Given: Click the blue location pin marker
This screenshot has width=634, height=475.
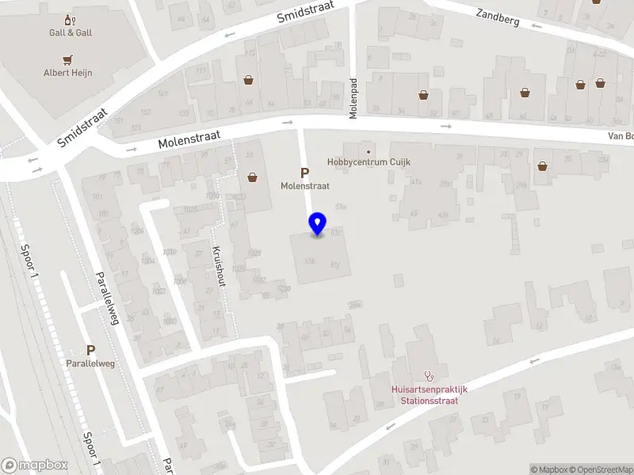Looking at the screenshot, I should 318,223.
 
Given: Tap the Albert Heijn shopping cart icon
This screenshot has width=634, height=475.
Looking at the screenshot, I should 67,59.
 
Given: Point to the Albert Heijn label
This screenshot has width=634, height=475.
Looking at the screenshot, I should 67,73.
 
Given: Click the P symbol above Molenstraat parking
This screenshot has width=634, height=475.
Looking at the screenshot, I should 304,173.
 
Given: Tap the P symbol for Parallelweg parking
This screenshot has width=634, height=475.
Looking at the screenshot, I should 90,351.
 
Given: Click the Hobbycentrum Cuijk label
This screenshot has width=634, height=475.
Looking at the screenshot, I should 367,162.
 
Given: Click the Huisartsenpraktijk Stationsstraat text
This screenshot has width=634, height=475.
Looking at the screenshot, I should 430,394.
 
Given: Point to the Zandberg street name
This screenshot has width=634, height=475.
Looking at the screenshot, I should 498,17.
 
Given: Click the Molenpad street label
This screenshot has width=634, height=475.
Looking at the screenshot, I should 354,98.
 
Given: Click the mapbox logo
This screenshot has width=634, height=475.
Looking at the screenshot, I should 35,465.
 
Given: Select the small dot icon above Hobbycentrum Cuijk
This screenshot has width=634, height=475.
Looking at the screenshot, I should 367,150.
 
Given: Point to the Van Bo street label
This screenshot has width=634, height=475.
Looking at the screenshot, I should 620,136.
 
